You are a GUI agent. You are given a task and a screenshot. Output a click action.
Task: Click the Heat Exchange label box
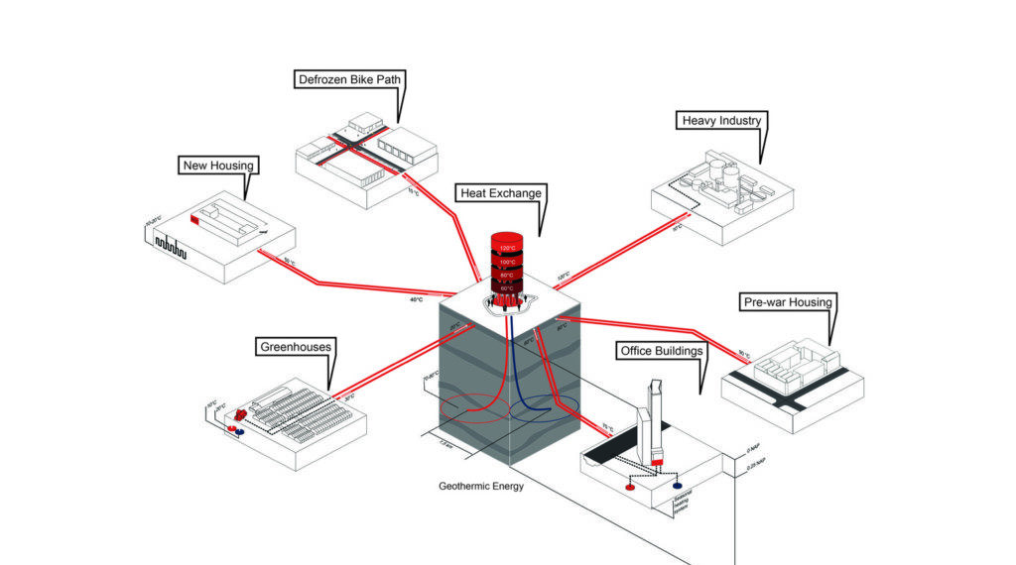coord(500,192)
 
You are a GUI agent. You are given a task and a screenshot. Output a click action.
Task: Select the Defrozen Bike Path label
coord(349,79)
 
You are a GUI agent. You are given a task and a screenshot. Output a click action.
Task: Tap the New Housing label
coord(218,165)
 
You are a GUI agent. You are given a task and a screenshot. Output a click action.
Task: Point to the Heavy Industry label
coord(721,121)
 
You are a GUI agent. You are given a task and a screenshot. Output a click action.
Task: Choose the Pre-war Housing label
coord(788,301)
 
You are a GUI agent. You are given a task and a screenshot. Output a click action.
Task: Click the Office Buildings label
coord(661,351)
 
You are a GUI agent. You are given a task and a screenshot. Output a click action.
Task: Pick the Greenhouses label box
coord(295,347)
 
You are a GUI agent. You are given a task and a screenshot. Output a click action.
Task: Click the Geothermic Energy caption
coord(481,487)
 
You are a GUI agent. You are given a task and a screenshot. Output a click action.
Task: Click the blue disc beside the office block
coord(678,487)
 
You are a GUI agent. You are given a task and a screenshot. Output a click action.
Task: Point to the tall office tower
coord(655,416)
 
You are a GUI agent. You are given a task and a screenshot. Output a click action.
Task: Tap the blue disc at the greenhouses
coord(239,433)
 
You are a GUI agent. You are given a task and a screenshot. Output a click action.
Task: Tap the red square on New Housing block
coord(194,216)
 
